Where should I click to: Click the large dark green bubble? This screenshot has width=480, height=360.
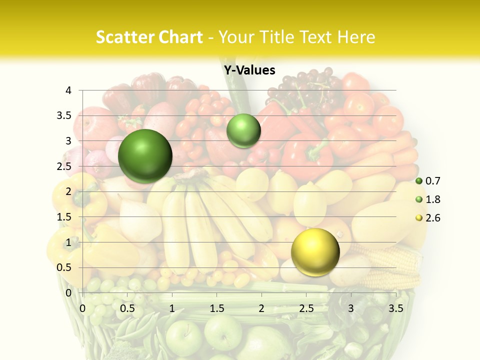tap(145, 156)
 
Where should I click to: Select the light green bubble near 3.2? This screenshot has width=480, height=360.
tap(243, 130)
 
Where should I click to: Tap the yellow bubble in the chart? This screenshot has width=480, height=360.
tap(315, 252)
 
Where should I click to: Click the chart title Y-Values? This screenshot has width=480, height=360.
tap(249, 70)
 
